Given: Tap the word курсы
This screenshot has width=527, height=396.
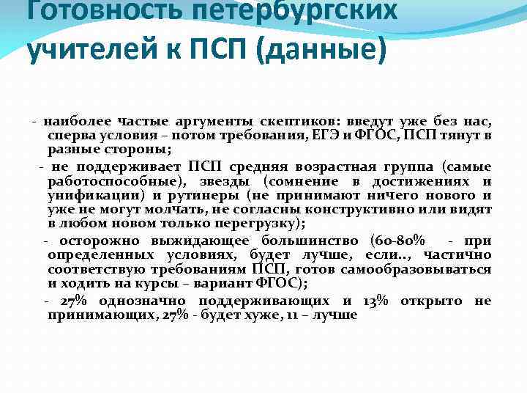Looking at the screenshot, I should tap(173, 282).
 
